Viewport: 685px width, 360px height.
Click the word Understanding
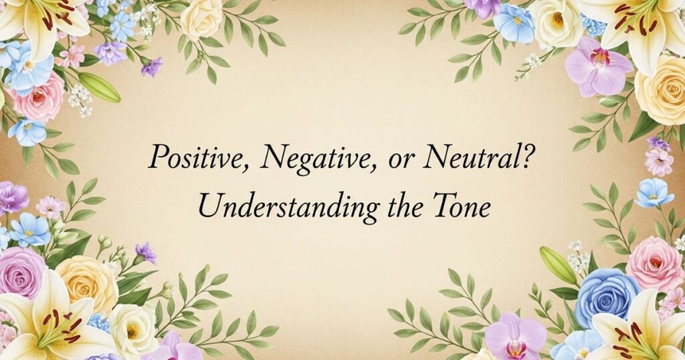tap(285, 205)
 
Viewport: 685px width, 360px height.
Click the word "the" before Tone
tap(403, 205)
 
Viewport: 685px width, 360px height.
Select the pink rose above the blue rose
tap(654, 262)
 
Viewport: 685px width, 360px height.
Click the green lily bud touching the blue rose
tap(558, 266)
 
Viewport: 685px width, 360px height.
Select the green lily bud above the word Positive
tap(99, 87)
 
